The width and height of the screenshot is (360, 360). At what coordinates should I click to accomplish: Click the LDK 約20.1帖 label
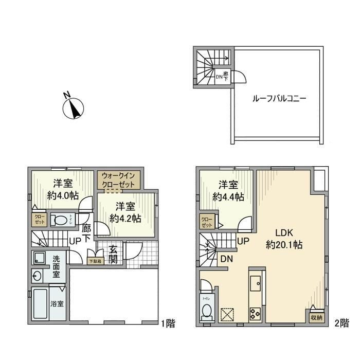coord(284,238)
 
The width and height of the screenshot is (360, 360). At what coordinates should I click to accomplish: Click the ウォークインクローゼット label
coord(119,179)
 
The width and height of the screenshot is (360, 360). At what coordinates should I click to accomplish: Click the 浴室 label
coord(57,303)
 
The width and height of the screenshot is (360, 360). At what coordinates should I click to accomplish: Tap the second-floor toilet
coord(207,310)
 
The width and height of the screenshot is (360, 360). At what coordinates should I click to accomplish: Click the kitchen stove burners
coord(255,313)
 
